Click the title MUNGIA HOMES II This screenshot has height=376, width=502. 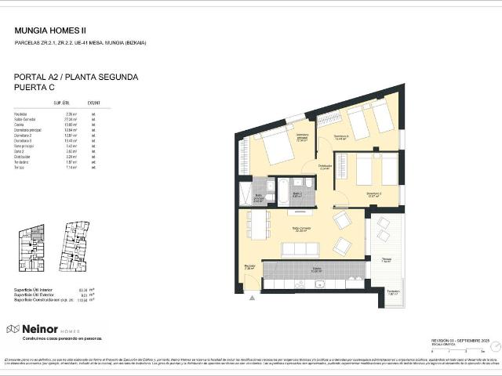[50, 31]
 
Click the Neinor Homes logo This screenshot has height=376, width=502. [42, 329]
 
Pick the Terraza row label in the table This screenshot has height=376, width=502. [20, 168]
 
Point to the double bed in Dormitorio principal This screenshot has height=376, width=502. [275, 145]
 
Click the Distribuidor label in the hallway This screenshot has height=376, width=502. [325, 166]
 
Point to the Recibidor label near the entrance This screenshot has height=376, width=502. [249, 266]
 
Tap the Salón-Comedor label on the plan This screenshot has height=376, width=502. [299, 229]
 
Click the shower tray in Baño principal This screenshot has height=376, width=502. [247, 191]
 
